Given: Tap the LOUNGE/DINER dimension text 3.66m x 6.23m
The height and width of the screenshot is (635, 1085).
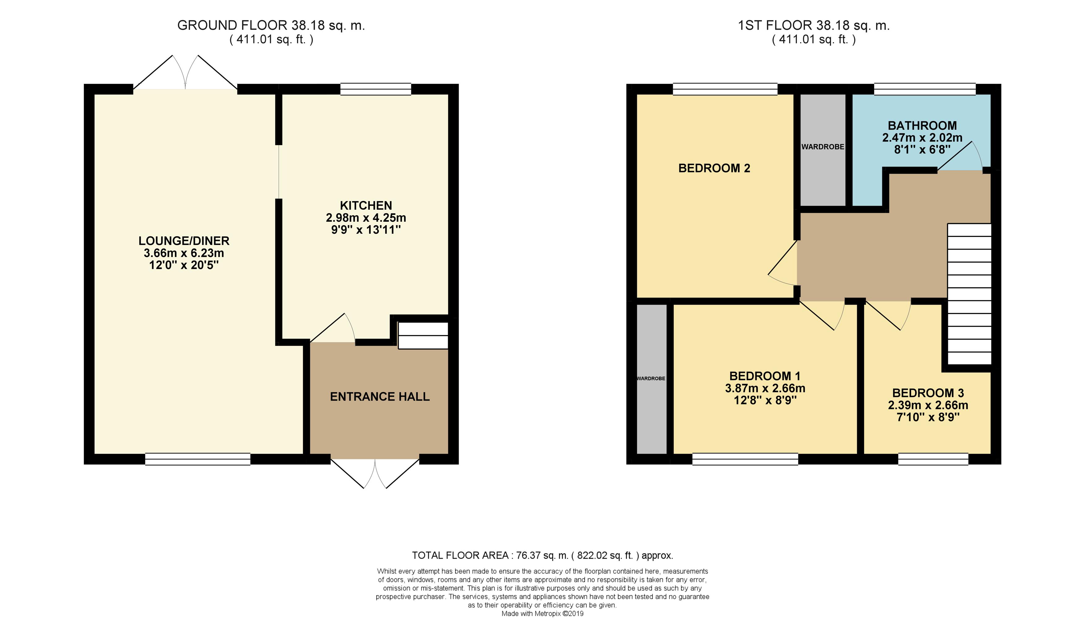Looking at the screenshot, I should [x=184, y=253].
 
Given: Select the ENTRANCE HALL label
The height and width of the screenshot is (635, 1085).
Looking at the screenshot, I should [x=379, y=396].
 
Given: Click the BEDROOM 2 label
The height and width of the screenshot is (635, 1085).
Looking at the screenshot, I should [x=714, y=168].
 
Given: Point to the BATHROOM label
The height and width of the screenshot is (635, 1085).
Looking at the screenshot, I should [x=922, y=125].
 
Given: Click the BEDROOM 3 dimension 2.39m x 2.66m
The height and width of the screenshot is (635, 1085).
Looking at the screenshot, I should [x=928, y=405].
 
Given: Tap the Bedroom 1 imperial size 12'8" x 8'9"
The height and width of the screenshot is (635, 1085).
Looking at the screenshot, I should [x=765, y=400].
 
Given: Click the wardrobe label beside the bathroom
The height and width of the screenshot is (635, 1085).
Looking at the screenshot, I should [x=822, y=147].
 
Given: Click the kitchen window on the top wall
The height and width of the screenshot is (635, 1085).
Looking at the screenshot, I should [x=375, y=89].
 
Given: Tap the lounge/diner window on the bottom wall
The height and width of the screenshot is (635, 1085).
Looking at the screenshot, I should [x=198, y=459].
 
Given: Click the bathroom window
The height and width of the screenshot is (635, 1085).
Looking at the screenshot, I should [x=924, y=89].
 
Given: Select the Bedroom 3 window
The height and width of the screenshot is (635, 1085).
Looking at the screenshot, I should [x=933, y=459].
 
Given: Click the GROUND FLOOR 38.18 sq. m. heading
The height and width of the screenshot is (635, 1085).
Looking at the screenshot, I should [x=271, y=25].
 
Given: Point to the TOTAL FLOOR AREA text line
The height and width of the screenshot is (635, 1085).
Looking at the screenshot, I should [x=542, y=555].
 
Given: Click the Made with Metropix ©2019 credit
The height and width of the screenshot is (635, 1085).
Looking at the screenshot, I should [x=542, y=613].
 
